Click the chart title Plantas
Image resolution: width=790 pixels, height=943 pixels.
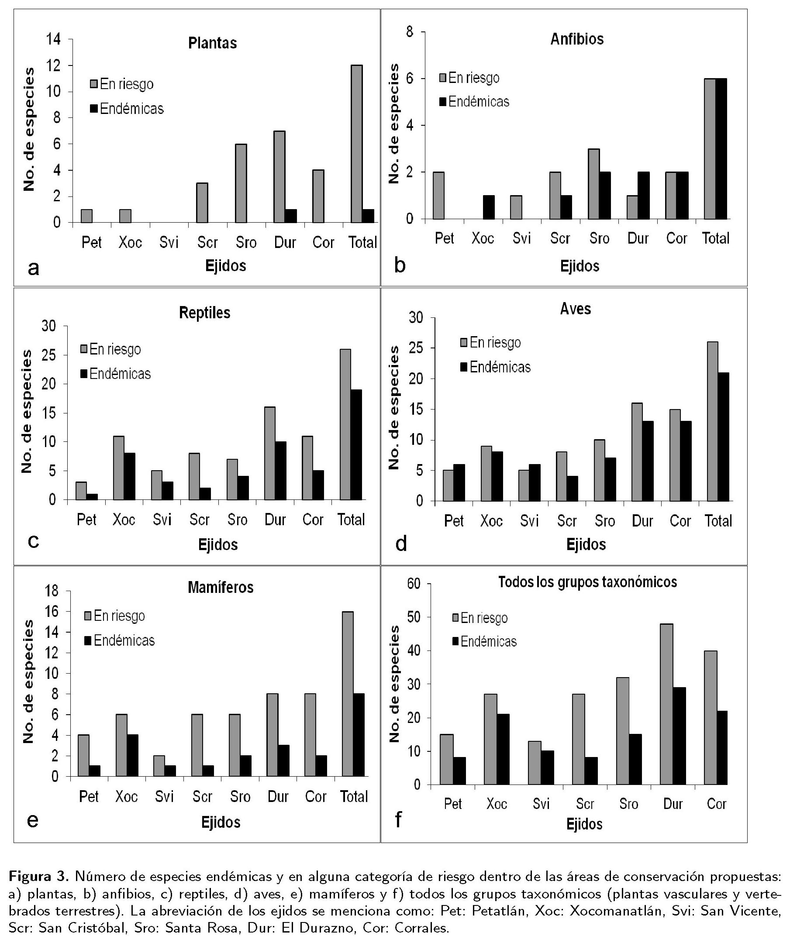coord(212,43)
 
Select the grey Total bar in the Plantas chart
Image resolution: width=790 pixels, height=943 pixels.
coord(357,144)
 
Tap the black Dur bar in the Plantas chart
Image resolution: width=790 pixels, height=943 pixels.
coord(291,216)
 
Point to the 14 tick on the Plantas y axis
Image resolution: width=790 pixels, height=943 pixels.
coord(53,40)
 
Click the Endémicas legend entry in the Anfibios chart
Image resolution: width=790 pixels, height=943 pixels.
coord(474,102)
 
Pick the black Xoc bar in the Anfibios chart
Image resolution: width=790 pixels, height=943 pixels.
coord(489,207)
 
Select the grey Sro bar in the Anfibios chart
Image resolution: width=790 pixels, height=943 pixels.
coord(594,184)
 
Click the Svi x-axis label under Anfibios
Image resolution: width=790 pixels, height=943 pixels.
coord(521,238)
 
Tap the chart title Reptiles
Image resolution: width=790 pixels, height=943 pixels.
coord(204,313)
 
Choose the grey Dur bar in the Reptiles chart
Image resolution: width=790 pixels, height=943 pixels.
coord(269,453)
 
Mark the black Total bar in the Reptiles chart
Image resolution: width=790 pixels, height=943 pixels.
coord(356,444)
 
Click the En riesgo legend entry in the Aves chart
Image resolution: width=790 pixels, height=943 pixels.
coord(490,343)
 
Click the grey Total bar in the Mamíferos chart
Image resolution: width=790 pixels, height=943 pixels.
coord(348,694)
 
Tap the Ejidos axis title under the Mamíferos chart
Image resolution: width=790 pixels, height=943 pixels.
coord(221,822)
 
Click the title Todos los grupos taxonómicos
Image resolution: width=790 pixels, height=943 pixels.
coord(587,582)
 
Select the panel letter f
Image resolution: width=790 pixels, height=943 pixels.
coord(397,820)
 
